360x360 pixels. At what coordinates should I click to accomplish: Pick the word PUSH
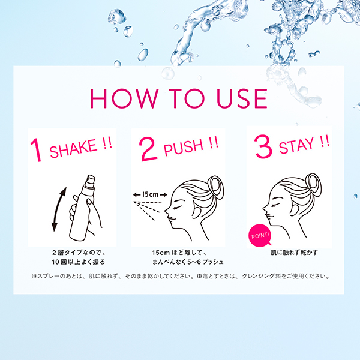[182, 147]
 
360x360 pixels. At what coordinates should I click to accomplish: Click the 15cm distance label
[146, 194]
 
